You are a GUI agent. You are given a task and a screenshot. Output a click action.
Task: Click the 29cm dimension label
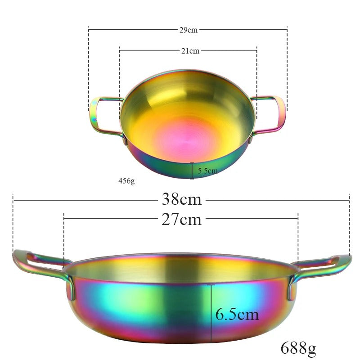coord(188,30)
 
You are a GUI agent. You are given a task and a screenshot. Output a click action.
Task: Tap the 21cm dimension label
coord(190,51)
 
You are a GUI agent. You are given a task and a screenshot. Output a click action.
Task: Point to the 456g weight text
coord(126,181)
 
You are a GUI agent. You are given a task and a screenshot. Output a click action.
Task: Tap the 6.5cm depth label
coord(237,314)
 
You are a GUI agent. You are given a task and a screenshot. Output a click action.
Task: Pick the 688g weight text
coord(298,347)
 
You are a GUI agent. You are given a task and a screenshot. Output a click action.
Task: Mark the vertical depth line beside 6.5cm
coord(211,312)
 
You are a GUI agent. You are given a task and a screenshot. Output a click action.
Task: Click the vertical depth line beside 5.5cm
coord(192,171)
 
